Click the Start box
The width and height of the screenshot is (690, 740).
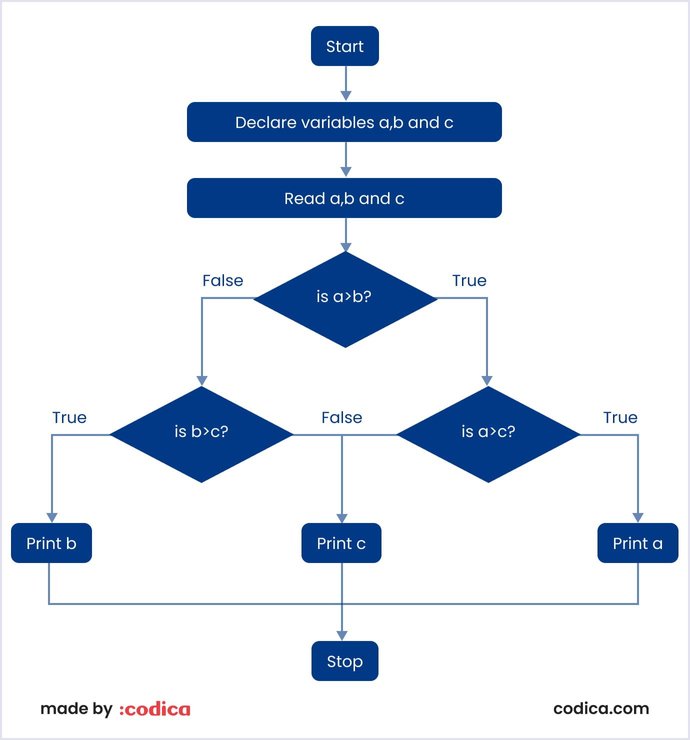(x=345, y=46)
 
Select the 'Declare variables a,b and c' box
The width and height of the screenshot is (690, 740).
(x=345, y=123)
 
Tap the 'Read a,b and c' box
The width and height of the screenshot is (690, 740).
(x=345, y=198)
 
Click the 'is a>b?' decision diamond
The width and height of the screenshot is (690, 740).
(x=345, y=298)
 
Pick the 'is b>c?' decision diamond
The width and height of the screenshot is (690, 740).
(x=201, y=434)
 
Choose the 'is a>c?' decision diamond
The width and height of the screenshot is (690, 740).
(x=488, y=434)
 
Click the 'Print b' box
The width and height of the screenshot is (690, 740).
(x=51, y=543)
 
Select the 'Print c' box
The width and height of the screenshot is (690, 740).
(x=341, y=543)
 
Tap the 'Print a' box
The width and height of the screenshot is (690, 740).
(x=638, y=543)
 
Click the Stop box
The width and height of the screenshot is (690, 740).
(x=345, y=661)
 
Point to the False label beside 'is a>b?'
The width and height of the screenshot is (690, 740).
(x=222, y=280)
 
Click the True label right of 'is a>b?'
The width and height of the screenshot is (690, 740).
(x=469, y=280)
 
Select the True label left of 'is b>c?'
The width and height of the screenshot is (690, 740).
(x=69, y=417)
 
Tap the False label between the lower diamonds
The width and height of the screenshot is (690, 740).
(x=341, y=417)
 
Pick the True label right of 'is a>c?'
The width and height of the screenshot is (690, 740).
(x=620, y=417)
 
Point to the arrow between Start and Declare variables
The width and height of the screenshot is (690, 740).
(x=345, y=84)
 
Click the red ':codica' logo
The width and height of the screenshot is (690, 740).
(x=155, y=709)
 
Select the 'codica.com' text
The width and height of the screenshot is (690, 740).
(x=601, y=709)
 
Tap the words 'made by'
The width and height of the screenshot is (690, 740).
(x=76, y=709)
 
